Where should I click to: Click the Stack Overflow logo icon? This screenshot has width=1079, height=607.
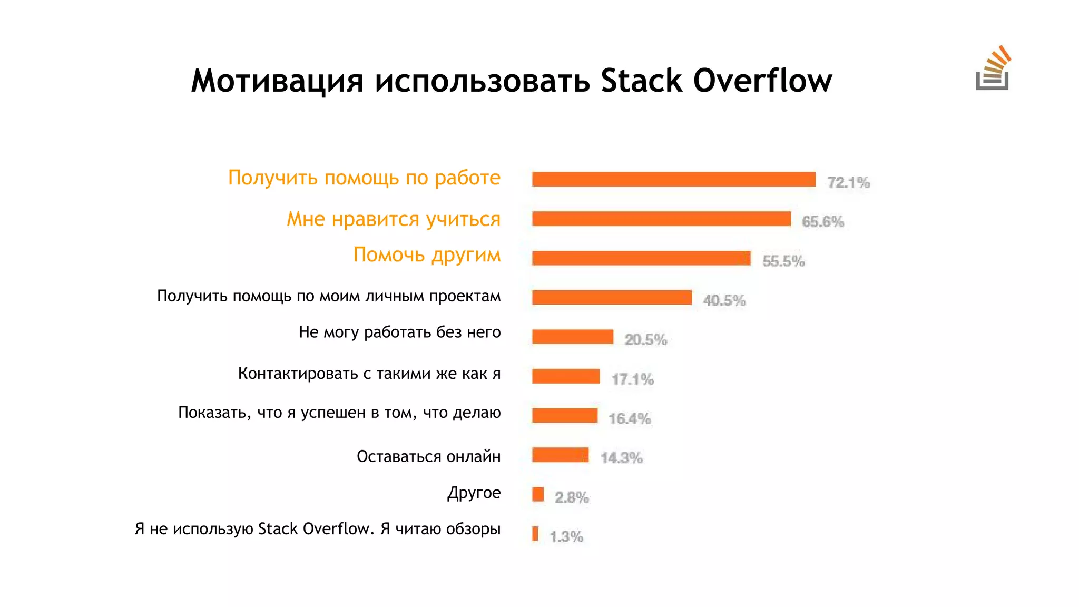pyautogui.click(x=993, y=69)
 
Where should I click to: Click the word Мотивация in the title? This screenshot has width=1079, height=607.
pyautogui.click(x=277, y=81)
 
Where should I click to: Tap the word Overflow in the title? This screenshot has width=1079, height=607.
pyautogui.click(x=762, y=81)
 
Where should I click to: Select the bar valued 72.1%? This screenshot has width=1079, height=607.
pyautogui.click(x=673, y=179)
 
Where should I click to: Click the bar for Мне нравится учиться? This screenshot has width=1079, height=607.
pyautogui.click(x=661, y=219)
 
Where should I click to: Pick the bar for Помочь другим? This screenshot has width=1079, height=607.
pyautogui.click(x=641, y=258)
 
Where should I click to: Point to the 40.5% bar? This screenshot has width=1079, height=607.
pyautogui.click(x=612, y=298)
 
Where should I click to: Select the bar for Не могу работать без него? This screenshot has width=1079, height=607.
pyautogui.click(x=573, y=337)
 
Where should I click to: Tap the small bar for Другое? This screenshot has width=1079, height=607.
pyautogui.click(x=538, y=494)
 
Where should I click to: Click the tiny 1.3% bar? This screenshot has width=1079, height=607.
pyautogui.click(x=535, y=534)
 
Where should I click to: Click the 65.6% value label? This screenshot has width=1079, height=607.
pyautogui.click(x=823, y=222)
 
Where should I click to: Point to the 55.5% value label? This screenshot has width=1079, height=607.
pyautogui.click(x=783, y=261)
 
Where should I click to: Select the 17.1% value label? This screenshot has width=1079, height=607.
pyautogui.click(x=632, y=379)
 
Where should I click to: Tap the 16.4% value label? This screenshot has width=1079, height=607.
pyautogui.click(x=630, y=419)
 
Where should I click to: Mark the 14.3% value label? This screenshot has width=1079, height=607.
pyautogui.click(x=622, y=458)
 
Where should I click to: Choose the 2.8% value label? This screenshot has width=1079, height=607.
pyautogui.click(x=572, y=497)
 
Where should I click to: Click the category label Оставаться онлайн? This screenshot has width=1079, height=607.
pyautogui.click(x=428, y=456)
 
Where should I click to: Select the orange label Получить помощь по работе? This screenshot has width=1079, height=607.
pyautogui.click(x=364, y=178)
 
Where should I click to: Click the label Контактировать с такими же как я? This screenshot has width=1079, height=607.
pyautogui.click(x=369, y=374)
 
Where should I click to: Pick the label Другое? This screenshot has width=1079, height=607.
pyautogui.click(x=474, y=493)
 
